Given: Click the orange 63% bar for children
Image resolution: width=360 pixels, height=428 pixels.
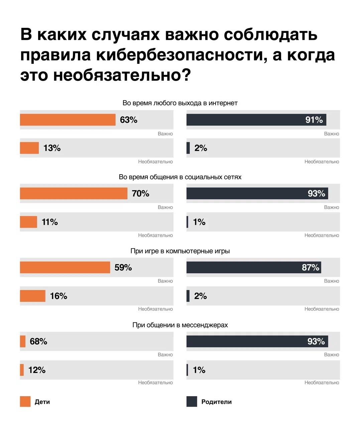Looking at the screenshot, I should tap(68, 120).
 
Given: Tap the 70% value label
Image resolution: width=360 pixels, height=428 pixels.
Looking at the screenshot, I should tap(140, 194).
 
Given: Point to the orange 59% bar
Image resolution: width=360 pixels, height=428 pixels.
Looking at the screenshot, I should tap(65, 267).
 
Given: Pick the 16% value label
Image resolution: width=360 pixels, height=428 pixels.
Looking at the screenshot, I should tap(58, 296).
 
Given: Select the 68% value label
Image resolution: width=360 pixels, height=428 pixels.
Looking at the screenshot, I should tap(38, 341).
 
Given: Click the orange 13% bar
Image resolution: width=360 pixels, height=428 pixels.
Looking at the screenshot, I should tap(29, 148).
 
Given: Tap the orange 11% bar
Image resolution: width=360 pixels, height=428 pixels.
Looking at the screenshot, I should tap(28, 222).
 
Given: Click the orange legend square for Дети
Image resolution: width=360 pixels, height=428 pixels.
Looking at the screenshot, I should tap(25, 402).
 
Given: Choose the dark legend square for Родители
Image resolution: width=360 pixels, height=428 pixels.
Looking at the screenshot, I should tap(192, 402).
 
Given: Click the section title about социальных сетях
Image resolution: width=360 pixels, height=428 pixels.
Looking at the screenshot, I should tap(180, 177).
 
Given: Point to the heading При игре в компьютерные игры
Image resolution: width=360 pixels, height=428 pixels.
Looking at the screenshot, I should tap(180, 251).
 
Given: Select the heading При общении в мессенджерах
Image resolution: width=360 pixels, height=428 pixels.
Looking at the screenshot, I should tap(180, 325).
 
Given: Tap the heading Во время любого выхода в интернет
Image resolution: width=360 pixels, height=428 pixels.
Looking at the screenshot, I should tap(180, 103).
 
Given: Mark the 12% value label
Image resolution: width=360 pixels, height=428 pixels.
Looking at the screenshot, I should tap(37, 370).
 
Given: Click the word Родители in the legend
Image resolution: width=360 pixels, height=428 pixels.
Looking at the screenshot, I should tap(216, 402).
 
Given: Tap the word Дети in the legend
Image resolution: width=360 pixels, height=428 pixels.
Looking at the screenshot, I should tap(42, 402).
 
